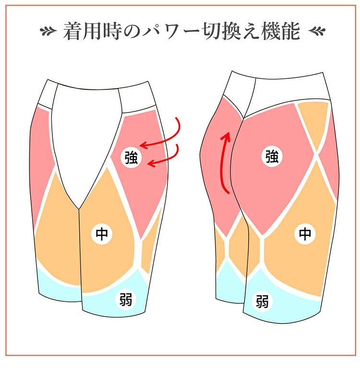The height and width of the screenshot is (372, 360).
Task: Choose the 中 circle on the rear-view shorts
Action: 305,234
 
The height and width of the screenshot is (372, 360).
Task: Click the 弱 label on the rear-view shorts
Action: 262,302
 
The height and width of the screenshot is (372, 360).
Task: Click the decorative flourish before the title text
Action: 49,32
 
